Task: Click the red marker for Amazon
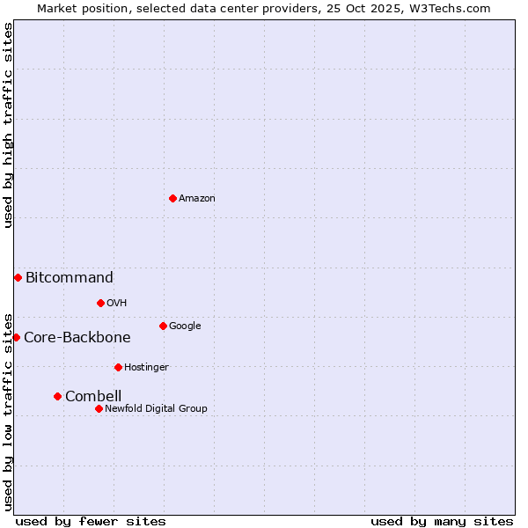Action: pyautogui.click(x=172, y=198)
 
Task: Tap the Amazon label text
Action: pyautogui.click(x=197, y=199)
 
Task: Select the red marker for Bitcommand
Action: pyautogui.click(x=18, y=277)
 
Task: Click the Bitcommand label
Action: pyautogui.click(x=70, y=278)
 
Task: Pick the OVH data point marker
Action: pyautogui.click(x=100, y=303)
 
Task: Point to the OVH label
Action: pyautogui.click(x=117, y=304)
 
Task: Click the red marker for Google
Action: pyautogui.click(x=163, y=326)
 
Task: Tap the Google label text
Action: pyautogui.click(x=185, y=326)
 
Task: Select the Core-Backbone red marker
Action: pyautogui.click(x=16, y=337)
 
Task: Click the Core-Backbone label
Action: pyautogui.click(x=77, y=338)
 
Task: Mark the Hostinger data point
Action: pyautogui.click(x=118, y=367)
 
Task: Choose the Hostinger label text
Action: pyautogui.click(x=146, y=368)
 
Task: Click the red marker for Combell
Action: pyautogui.click(x=57, y=396)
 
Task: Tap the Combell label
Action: pyautogui.click(x=93, y=397)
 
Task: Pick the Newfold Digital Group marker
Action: pyautogui.click(x=99, y=408)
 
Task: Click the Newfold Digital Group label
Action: pyautogui.click(x=157, y=409)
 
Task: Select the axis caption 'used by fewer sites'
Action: pyautogui.click(x=91, y=521)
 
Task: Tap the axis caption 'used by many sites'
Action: pyautogui.click(x=442, y=521)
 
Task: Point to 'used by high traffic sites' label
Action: pyautogui.click(x=9, y=125)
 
